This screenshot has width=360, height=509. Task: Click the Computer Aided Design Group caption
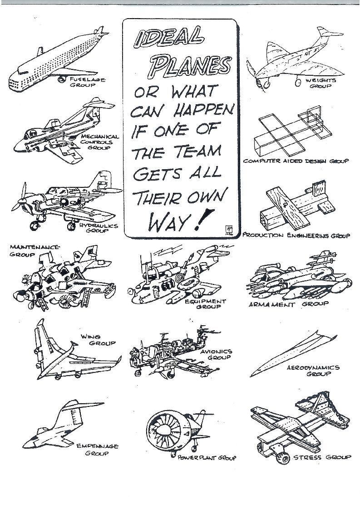(x=296, y=161)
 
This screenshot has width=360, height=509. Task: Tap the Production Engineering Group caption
(x=296, y=236)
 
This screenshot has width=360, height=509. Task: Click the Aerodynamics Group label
(x=313, y=371)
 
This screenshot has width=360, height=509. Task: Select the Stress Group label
(x=322, y=457)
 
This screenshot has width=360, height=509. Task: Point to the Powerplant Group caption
(x=207, y=458)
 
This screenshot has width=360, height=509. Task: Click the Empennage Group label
(x=97, y=450)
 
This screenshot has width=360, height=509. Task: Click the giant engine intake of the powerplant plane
(x=165, y=429)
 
